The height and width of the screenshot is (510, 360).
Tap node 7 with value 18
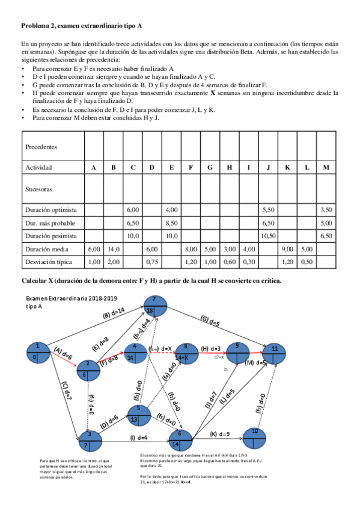pos(154,304)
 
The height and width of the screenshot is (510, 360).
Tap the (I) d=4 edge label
pos(136,437)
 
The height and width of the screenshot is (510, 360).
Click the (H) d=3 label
pos(213,348)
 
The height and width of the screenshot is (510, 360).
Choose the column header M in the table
pos(325,167)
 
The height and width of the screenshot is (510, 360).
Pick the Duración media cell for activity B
pos(113,248)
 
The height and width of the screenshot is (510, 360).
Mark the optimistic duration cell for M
pos(325,209)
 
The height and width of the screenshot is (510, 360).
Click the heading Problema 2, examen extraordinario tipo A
pos(82,26)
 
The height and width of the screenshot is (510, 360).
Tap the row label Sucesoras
pos(38,188)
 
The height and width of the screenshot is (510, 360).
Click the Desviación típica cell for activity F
pos(191,262)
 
